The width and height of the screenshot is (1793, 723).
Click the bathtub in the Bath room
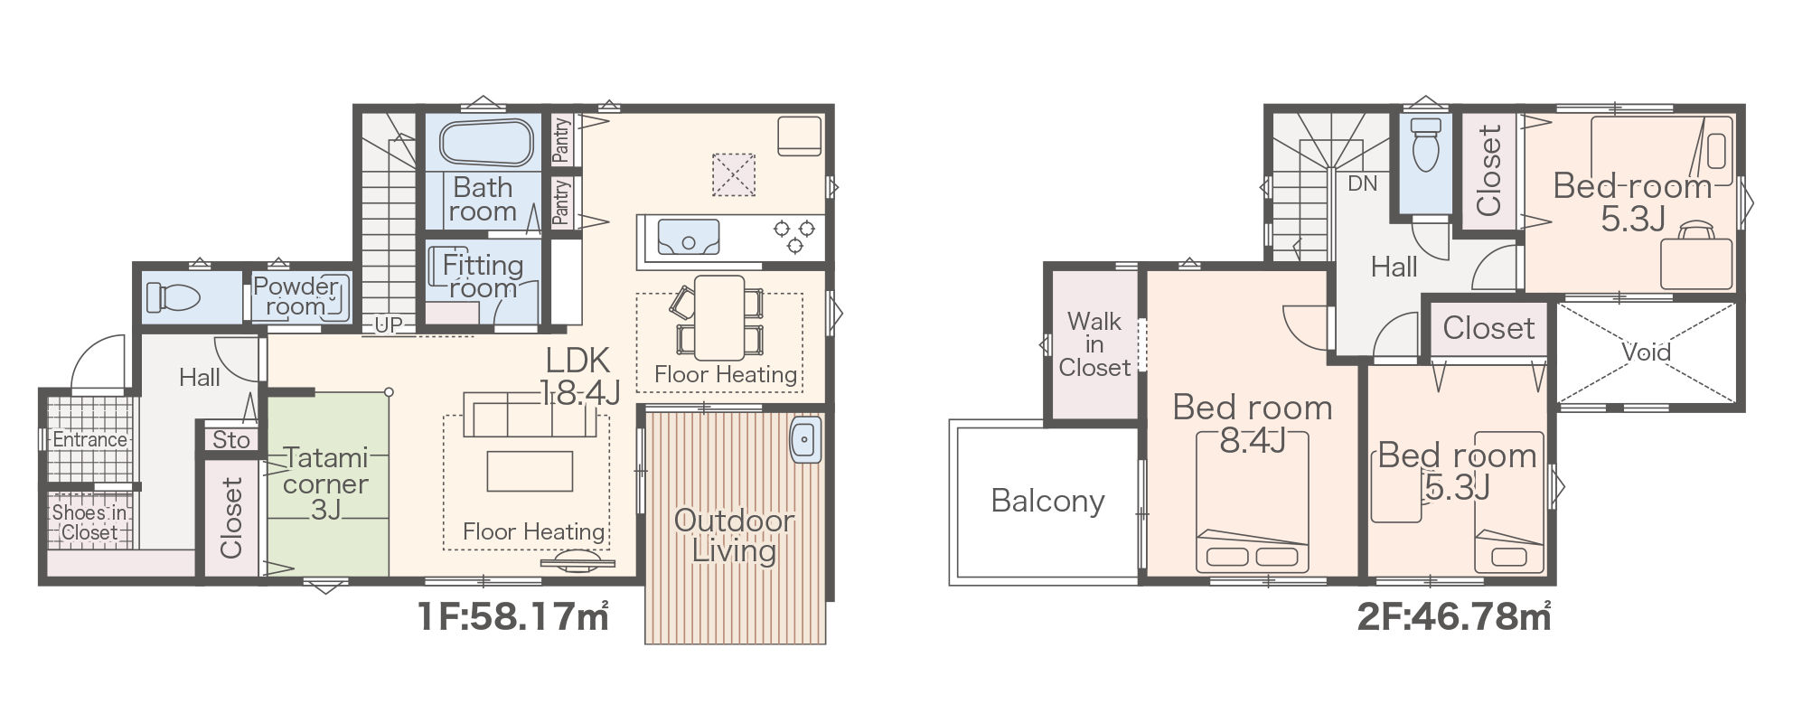486,143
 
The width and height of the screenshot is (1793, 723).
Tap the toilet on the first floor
173,296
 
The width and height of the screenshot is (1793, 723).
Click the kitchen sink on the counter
689,238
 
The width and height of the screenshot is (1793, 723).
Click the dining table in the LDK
719,317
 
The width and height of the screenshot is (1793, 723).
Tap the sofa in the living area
530,413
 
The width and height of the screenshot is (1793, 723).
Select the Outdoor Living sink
804,440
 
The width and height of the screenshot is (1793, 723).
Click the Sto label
231,440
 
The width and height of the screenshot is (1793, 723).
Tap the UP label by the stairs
389,324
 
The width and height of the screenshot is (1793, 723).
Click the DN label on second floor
1362,183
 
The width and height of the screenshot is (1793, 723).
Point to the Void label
1646,352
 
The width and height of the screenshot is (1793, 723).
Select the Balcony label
1047,501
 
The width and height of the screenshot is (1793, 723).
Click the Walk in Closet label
1094,344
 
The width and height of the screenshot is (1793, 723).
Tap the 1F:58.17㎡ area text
512,616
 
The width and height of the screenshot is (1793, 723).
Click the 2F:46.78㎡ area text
1454,616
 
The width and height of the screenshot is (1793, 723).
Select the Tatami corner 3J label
325,484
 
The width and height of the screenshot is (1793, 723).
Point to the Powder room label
296,296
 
